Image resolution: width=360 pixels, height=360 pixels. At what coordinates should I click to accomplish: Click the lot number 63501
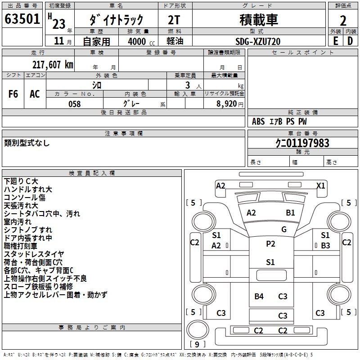click(21, 20)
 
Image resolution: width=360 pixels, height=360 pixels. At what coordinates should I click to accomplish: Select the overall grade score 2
click(343, 20)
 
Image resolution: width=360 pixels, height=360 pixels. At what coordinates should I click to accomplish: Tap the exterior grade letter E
click(335, 40)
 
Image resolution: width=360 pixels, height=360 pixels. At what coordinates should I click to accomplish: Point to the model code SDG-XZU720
click(258, 41)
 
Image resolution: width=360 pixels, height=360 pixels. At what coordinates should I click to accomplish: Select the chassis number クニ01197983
click(302, 144)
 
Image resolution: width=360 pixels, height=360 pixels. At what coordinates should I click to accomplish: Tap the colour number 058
click(74, 104)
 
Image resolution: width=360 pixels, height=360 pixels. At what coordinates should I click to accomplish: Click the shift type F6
click(13, 94)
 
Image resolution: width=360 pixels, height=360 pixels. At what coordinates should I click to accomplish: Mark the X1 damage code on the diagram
click(321, 185)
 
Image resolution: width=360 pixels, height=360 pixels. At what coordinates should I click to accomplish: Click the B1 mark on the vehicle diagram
click(291, 213)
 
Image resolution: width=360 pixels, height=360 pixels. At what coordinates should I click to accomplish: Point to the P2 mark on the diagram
click(270, 244)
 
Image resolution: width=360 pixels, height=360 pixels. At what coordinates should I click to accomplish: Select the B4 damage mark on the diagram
click(259, 296)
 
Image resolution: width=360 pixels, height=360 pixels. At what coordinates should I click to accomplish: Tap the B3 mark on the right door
click(325, 246)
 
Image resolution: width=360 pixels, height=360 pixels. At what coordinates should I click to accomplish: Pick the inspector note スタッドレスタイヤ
click(34, 254)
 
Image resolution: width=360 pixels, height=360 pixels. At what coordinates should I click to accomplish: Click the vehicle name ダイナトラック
click(117, 20)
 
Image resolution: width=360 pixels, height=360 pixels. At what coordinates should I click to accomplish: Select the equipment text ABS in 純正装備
click(258, 121)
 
